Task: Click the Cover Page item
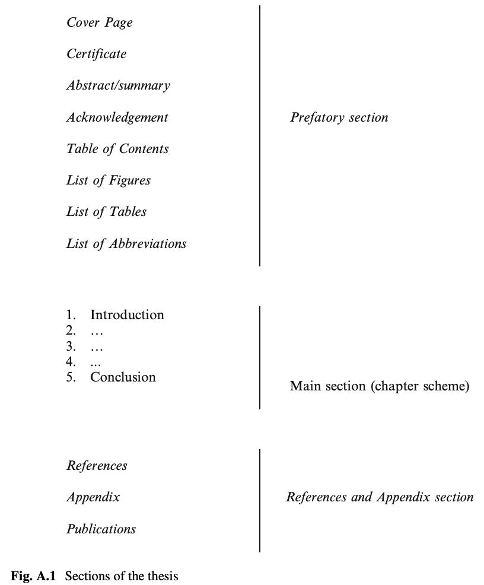[x=100, y=23]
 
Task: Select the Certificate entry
[x=96, y=54]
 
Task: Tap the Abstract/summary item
[x=118, y=85]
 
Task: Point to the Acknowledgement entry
[x=117, y=117]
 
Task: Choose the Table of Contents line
[x=117, y=149]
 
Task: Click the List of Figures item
[x=109, y=180]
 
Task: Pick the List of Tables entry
[x=106, y=212]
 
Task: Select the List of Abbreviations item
[x=126, y=244]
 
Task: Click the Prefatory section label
[x=339, y=117]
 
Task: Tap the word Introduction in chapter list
[x=127, y=315]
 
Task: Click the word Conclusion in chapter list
[x=123, y=377]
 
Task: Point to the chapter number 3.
[x=71, y=346]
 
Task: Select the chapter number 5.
[x=71, y=377]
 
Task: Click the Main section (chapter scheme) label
[x=380, y=386]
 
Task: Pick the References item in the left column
[x=97, y=466]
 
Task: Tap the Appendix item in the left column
[x=93, y=497]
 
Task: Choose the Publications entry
[x=101, y=529]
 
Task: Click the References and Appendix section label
[x=380, y=497]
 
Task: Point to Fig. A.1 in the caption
[x=33, y=576]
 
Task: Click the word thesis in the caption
[x=165, y=576]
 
